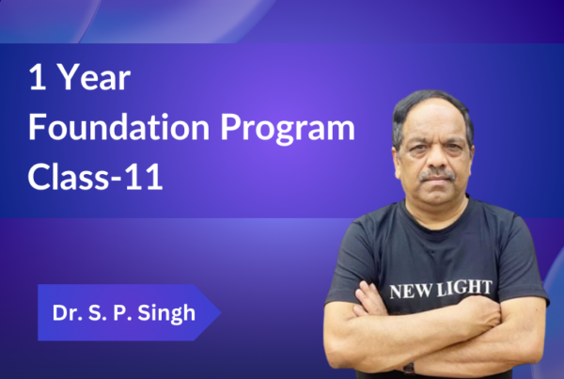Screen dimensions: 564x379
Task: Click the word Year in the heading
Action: tap(94, 77)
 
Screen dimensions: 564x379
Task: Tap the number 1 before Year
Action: tap(38, 77)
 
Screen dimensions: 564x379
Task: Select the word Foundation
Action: tap(119, 127)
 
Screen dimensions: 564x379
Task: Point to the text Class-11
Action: tap(95, 177)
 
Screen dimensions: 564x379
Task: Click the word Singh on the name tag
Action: tap(166, 313)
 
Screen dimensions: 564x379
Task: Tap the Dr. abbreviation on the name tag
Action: tap(65, 312)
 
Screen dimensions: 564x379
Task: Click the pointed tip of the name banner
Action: tap(221, 312)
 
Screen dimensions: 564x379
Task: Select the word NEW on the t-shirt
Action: tap(411, 292)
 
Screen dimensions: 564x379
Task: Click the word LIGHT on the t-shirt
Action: tap(464, 288)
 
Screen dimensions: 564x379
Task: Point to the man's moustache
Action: tap(437, 175)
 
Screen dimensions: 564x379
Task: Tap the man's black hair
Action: tap(431, 108)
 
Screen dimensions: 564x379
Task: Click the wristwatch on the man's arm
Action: tap(409, 369)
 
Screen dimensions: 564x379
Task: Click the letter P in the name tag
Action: tap(118, 312)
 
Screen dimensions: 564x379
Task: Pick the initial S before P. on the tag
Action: tap(95, 312)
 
